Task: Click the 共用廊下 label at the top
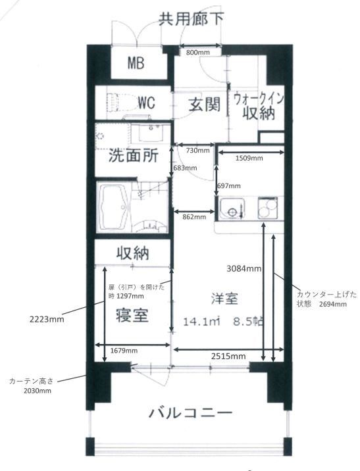(191, 18)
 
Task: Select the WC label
(146, 103)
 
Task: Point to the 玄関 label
(204, 105)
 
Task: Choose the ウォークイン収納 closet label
(258, 107)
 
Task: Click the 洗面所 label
(133, 157)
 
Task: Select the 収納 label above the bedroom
(133, 253)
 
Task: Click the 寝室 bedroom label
(132, 314)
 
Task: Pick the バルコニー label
(190, 414)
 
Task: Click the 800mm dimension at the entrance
(197, 51)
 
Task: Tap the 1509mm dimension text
(249, 158)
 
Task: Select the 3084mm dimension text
(244, 268)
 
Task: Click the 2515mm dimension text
(228, 356)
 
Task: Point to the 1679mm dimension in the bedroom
(124, 351)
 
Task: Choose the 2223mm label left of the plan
(47, 320)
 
